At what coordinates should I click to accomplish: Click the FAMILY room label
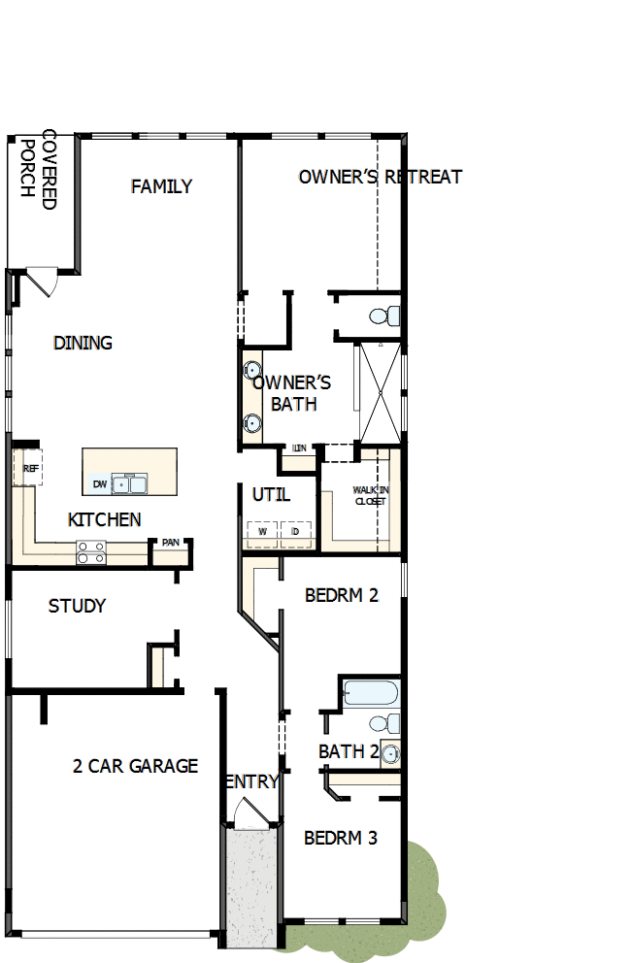[x=161, y=186]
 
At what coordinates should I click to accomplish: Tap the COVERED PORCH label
[x=39, y=169]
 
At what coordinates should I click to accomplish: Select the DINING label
[x=83, y=343]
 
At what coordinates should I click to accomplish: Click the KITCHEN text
[x=104, y=520]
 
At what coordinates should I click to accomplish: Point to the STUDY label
[x=77, y=606]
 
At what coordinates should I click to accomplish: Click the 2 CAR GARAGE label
[x=135, y=766]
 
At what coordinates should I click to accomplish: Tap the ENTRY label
[x=251, y=781]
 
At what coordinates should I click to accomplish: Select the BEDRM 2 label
[x=341, y=595]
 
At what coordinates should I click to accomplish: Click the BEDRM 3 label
[x=340, y=837]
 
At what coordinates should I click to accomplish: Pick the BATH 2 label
[x=348, y=751]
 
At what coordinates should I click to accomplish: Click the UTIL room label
[x=271, y=494]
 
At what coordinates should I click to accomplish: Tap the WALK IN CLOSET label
[x=369, y=496]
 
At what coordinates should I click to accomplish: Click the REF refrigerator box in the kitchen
[x=29, y=467]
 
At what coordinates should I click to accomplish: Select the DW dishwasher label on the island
[x=99, y=483]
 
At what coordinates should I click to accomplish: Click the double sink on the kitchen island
[x=129, y=483]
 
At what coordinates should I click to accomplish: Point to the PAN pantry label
[x=170, y=543]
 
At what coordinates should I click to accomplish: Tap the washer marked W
[x=261, y=532]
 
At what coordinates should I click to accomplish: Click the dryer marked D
[x=296, y=532]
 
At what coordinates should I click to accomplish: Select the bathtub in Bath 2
[x=370, y=692]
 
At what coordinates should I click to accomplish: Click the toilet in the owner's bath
[x=386, y=315]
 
